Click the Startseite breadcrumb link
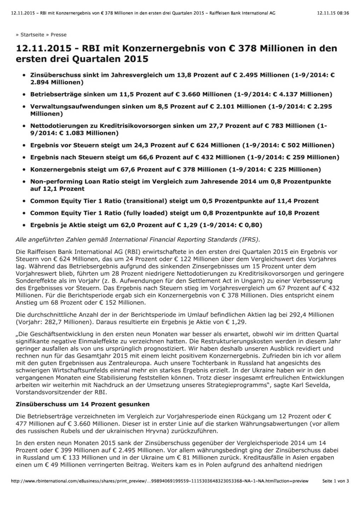32,35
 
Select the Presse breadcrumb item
58,35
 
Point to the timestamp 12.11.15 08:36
333,13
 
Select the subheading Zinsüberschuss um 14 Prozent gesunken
83,404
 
